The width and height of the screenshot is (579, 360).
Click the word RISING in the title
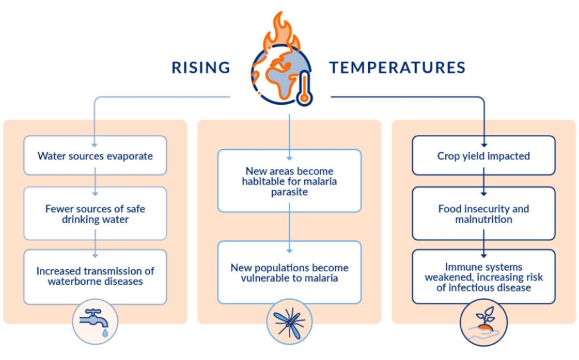point(200,67)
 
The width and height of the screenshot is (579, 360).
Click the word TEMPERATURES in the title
point(398,67)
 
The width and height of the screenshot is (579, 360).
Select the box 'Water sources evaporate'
point(95,156)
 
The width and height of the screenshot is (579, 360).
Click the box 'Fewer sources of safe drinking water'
point(95,213)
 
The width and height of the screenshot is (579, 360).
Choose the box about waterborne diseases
point(95,276)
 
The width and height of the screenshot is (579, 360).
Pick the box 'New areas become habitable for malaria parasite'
point(289,181)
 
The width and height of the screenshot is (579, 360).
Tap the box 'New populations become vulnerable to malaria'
point(289,273)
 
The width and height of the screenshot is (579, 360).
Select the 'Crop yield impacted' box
point(483,156)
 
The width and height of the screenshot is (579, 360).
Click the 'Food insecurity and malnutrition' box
point(483,213)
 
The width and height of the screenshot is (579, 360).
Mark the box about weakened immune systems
point(483,276)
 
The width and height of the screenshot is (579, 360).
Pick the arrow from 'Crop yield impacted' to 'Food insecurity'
point(483,181)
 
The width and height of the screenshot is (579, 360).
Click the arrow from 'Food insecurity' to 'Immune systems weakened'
point(483,244)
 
